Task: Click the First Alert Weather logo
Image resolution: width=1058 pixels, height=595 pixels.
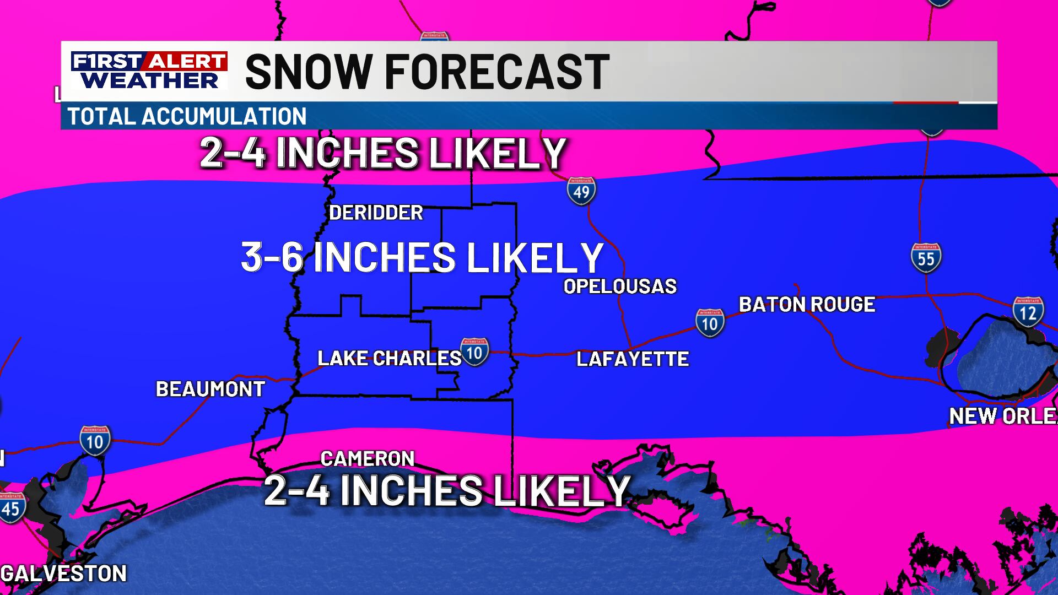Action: (149, 71)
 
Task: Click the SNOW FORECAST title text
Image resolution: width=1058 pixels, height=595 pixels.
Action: (427, 72)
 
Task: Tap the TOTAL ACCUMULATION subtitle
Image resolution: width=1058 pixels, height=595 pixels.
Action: (187, 116)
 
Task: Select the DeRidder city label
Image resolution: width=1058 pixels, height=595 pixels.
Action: (376, 213)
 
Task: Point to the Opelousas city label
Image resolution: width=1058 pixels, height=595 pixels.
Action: (620, 286)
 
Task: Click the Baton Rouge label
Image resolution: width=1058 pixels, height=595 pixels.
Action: (807, 305)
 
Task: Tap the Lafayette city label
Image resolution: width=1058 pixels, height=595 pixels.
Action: (633, 359)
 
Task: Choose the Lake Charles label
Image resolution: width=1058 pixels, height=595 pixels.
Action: (389, 359)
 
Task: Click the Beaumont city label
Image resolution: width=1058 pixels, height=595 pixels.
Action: (210, 390)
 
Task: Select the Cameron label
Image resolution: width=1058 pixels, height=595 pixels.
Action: (367, 458)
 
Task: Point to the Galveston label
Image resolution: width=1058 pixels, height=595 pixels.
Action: (64, 574)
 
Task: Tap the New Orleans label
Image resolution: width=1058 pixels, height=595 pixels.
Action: (1003, 416)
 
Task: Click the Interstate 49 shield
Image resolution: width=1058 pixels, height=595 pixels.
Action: (581, 191)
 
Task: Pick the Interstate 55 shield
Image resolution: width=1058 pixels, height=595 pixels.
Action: (926, 257)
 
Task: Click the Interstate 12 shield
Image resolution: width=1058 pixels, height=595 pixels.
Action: (1028, 312)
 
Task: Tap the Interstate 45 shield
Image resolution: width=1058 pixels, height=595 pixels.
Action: (11, 507)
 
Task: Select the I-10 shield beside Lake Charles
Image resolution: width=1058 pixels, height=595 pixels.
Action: (474, 351)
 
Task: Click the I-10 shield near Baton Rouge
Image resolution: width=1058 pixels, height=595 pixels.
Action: (709, 323)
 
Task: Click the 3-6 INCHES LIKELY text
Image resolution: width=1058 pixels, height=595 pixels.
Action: (422, 257)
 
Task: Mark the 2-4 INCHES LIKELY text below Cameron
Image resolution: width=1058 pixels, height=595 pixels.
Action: (447, 490)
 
